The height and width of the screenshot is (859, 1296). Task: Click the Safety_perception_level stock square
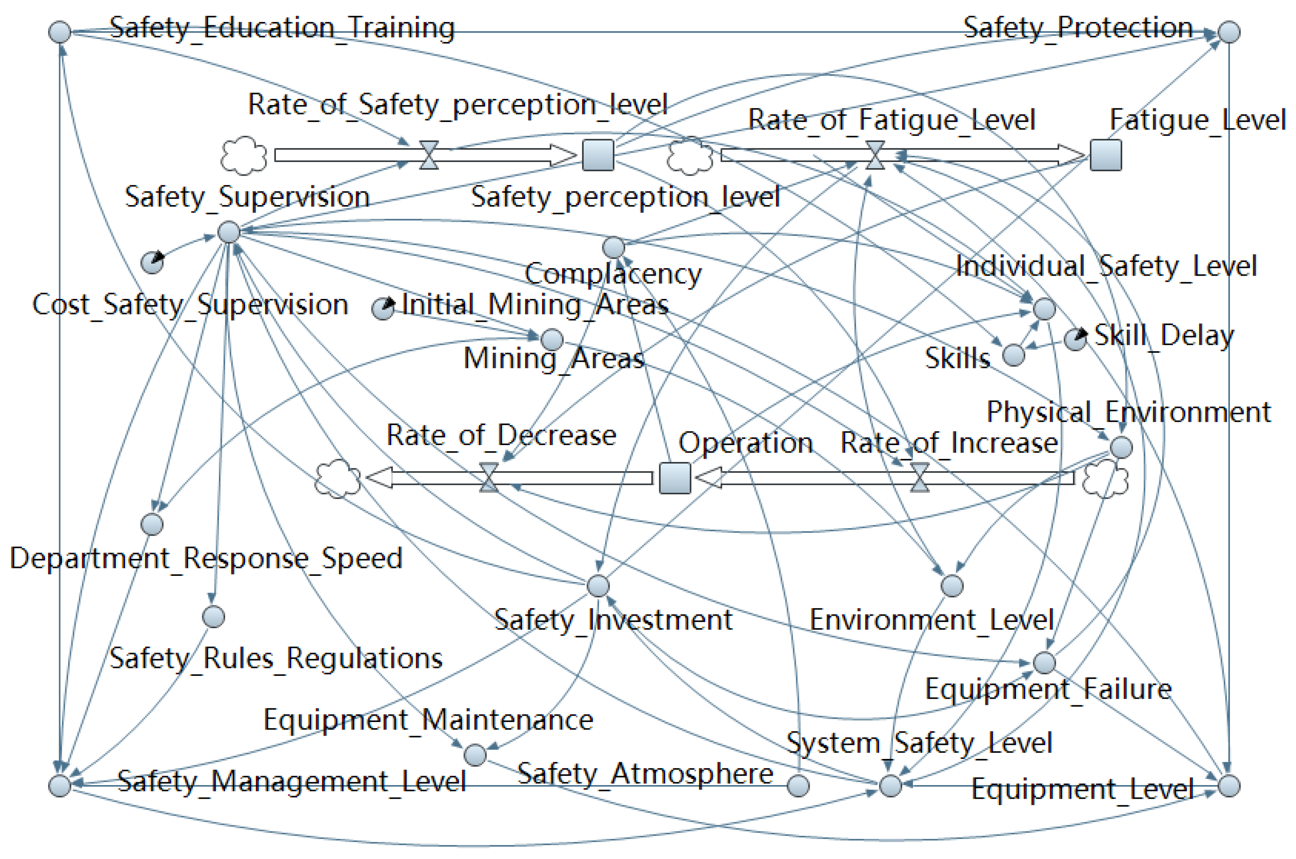[597, 155]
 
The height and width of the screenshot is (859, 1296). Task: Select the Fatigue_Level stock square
[1105, 155]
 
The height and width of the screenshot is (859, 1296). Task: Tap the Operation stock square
[675, 478]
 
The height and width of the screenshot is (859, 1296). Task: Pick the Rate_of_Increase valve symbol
[920, 478]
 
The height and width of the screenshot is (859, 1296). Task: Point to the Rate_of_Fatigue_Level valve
[875, 155]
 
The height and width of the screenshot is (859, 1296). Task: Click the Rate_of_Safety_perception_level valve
[429, 155]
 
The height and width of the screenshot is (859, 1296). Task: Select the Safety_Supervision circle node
[229, 232]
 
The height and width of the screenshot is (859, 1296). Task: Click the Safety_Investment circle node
[598, 586]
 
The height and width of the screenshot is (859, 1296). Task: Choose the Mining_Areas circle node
[552, 339]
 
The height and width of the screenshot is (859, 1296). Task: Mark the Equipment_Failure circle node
[1044, 662]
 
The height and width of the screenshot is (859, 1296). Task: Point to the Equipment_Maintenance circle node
[474, 755]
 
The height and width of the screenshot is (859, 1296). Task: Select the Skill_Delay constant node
[1075, 339]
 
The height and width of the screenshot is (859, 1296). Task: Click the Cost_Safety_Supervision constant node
[152, 262]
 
